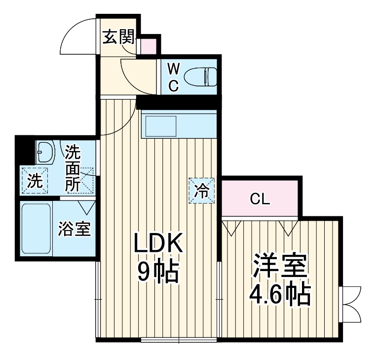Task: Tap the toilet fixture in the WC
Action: [x=200, y=77]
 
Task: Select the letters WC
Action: [x=173, y=77]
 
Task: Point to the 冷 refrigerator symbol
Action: [x=202, y=190]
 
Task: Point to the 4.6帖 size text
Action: [x=279, y=295]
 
